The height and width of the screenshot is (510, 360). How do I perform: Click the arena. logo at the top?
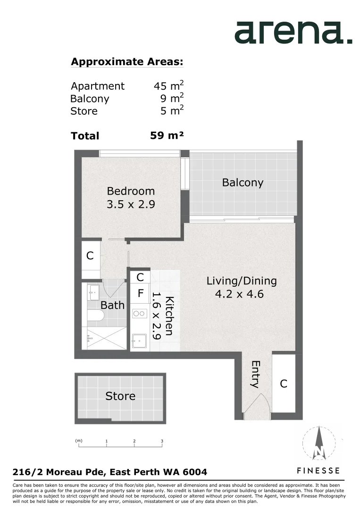tap(293, 33)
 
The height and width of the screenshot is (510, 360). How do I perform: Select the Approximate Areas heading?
tap(126, 62)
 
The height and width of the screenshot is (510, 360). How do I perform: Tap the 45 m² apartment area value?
tap(168, 85)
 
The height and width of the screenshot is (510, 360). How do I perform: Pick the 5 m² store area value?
tap(172, 110)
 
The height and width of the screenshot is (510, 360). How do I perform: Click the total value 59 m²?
tap(167, 136)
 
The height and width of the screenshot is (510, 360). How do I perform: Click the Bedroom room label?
tap(131, 191)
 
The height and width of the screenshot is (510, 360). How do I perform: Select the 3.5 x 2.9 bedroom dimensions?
tap(131, 204)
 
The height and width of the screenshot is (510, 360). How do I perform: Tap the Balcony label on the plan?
tap(243, 183)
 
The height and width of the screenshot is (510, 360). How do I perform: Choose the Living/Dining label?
tap(242, 281)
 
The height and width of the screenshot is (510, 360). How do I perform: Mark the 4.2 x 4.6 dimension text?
tap(239, 294)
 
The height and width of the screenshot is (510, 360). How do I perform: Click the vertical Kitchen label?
tap(170, 316)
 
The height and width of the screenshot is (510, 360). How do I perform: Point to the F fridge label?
tap(140, 293)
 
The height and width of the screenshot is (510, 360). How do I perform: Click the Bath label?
tap(112, 305)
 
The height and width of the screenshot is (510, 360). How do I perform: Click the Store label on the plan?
tap(120, 396)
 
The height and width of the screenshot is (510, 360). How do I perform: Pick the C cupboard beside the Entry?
tap(284, 384)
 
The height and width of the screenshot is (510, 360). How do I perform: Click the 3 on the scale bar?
tap(162, 442)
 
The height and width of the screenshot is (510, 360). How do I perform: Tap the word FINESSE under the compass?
tap(318, 470)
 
